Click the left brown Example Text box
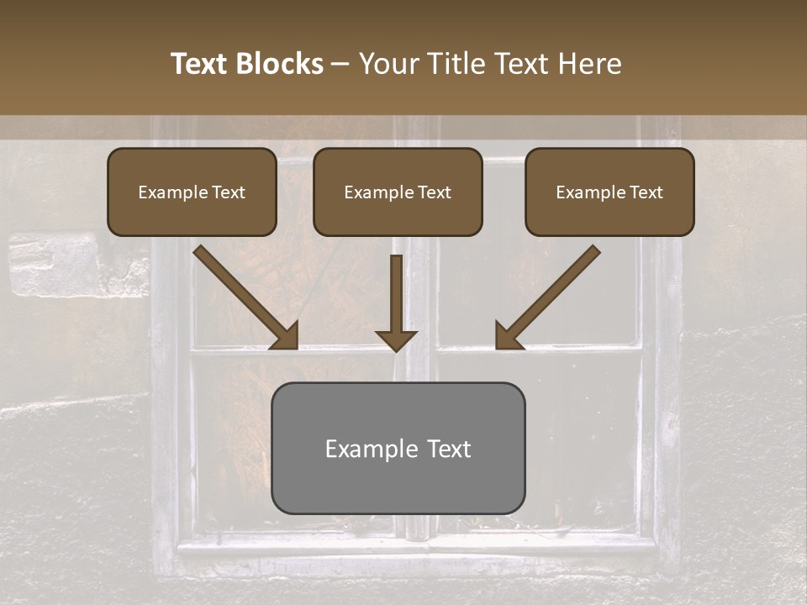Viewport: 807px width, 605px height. tap(192, 192)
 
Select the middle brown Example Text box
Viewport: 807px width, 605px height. tap(398, 192)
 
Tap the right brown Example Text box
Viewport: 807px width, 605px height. tap(609, 192)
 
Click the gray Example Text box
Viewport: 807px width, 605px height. tap(398, 448)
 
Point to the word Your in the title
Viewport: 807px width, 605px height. tap(388, 64)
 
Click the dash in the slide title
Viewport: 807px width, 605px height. tap(341, 65)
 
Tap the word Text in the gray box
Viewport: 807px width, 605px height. tap(449, 449)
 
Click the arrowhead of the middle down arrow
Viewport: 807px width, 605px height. tap(396, 339)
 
